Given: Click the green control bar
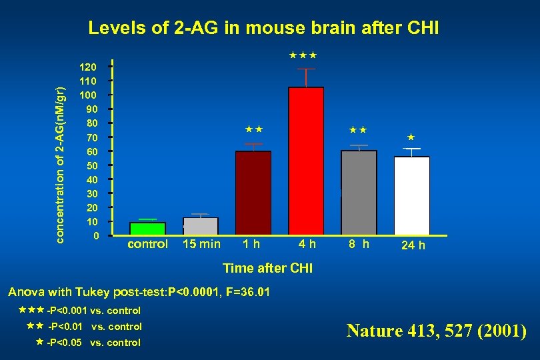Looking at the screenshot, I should point(147,229).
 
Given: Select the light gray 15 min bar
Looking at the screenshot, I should point(201,227).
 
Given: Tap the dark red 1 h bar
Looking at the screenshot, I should point(253,193).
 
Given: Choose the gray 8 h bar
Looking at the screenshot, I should point(359,193).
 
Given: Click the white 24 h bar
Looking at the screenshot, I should point(412,196).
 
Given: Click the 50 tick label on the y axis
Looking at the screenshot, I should point(91,165).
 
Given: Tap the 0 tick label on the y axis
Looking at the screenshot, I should point(96,236).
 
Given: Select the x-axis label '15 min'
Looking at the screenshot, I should point(201,244).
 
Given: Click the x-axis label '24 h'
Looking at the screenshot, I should point(413,245).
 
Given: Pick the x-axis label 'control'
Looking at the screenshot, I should point(147,244).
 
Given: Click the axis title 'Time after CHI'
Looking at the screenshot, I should point(267,269).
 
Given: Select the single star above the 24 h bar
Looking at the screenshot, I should point(411,137).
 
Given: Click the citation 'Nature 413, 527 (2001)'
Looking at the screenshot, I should point(436,331).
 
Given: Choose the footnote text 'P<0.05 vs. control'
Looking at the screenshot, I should point(93,343).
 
